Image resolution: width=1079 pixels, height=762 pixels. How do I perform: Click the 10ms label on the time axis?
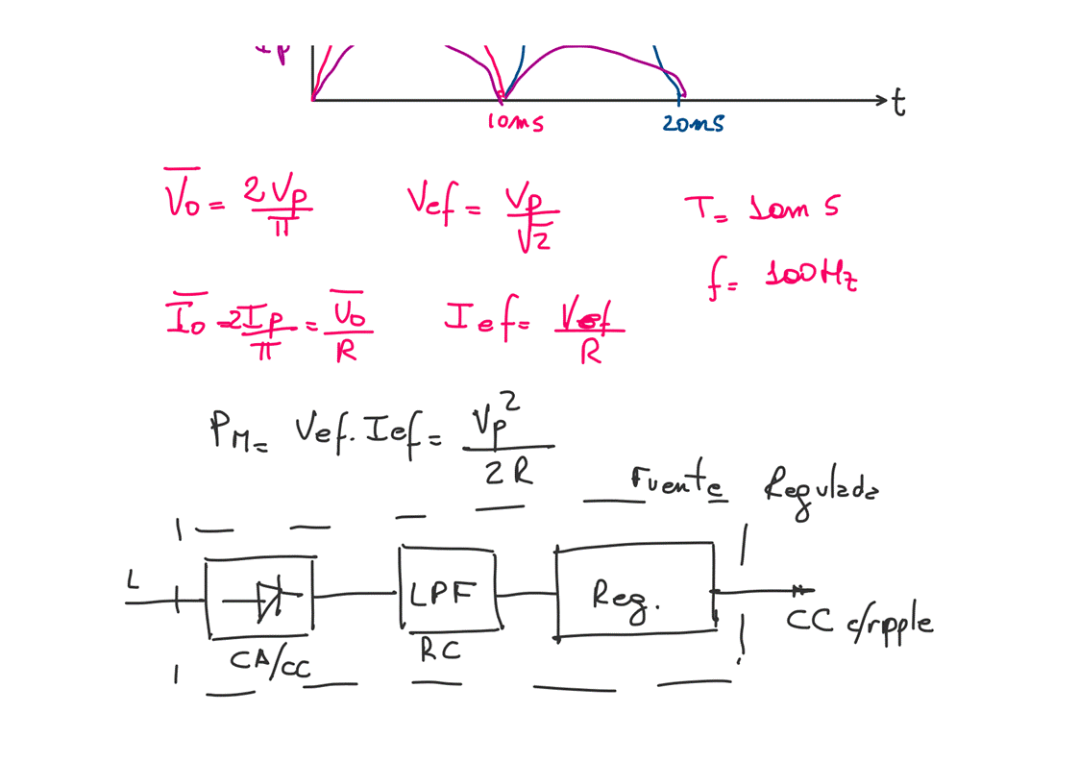tap(516, 123)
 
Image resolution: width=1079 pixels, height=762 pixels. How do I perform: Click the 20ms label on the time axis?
tap(692, 123)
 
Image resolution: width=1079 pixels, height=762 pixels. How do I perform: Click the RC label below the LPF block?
tap(440, 651)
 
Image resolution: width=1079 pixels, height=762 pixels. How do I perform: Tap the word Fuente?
tap(677, 480)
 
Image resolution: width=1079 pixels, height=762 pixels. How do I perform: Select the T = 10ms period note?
tap(759, 208)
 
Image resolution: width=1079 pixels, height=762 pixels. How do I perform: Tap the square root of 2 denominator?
tap(533, 238)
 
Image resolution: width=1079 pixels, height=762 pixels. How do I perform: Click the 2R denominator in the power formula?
tap(508, 472)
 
